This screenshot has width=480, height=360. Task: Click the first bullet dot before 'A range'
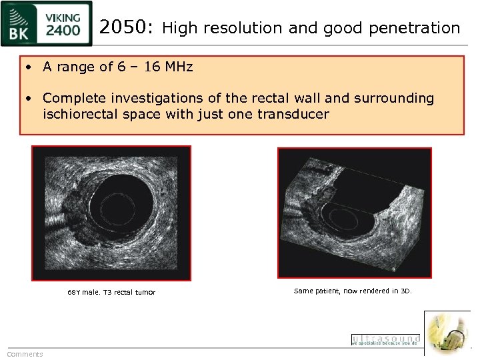(30, 67)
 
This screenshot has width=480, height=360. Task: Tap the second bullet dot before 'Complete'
(30, 99)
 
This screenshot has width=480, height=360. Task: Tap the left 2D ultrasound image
(111, 213)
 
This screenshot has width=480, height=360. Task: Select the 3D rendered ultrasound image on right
(354, 211)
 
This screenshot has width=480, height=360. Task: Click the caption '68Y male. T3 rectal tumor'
(111, 292)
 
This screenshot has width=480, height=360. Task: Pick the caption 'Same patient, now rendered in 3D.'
(353, 291)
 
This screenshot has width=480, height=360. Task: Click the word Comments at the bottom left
(25, 354)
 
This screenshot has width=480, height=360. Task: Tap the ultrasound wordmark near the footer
(385, 339)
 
